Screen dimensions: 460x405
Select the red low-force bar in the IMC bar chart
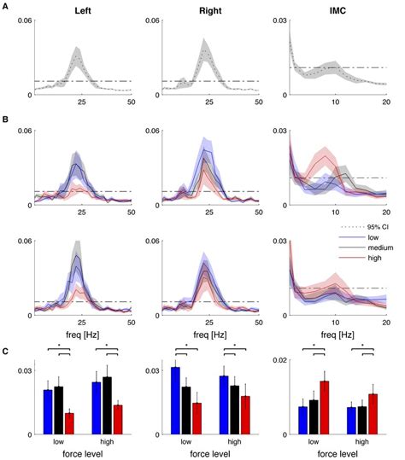pos(323,408)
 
